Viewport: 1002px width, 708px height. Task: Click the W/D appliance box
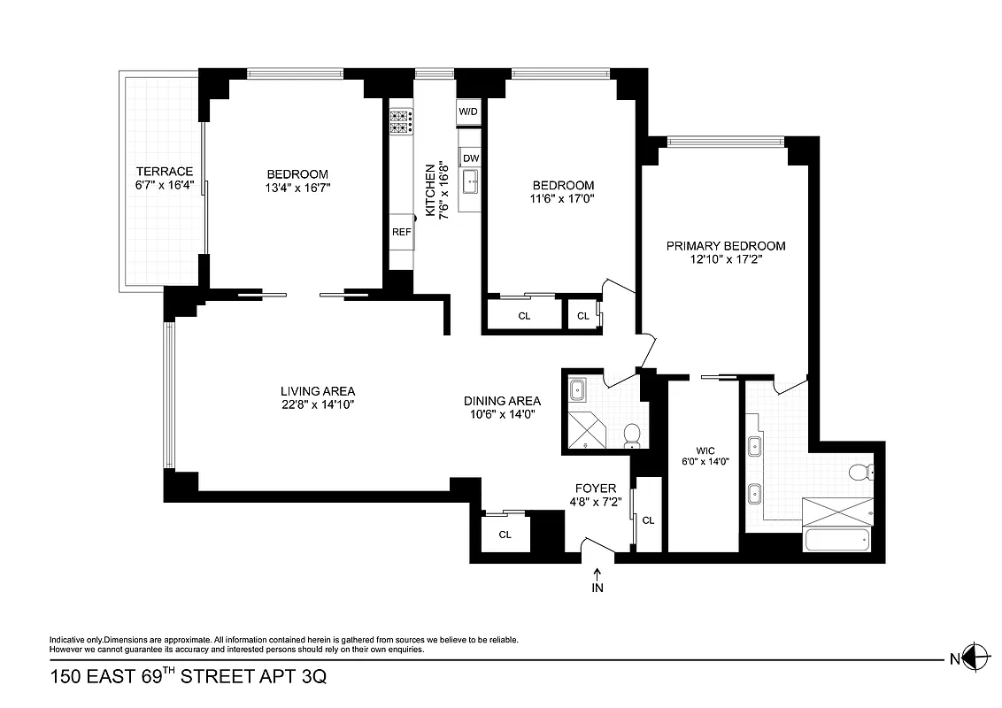coord(468,112)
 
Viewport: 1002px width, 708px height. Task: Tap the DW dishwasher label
coord(470,158)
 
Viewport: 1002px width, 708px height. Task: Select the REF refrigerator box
coord(401,231)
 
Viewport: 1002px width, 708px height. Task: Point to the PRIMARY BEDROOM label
coord(726,246)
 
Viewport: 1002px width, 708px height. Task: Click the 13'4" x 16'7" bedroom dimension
coord(297,188)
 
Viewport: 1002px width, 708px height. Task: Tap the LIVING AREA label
coord(318,391)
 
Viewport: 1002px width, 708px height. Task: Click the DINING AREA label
coord(502,400)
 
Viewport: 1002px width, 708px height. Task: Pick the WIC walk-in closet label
coord(705,450)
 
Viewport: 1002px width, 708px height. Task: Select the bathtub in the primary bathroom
coord(836,540)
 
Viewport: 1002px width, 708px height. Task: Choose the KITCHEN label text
coord(431,189)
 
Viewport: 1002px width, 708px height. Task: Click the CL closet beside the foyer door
coord(648,520)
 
